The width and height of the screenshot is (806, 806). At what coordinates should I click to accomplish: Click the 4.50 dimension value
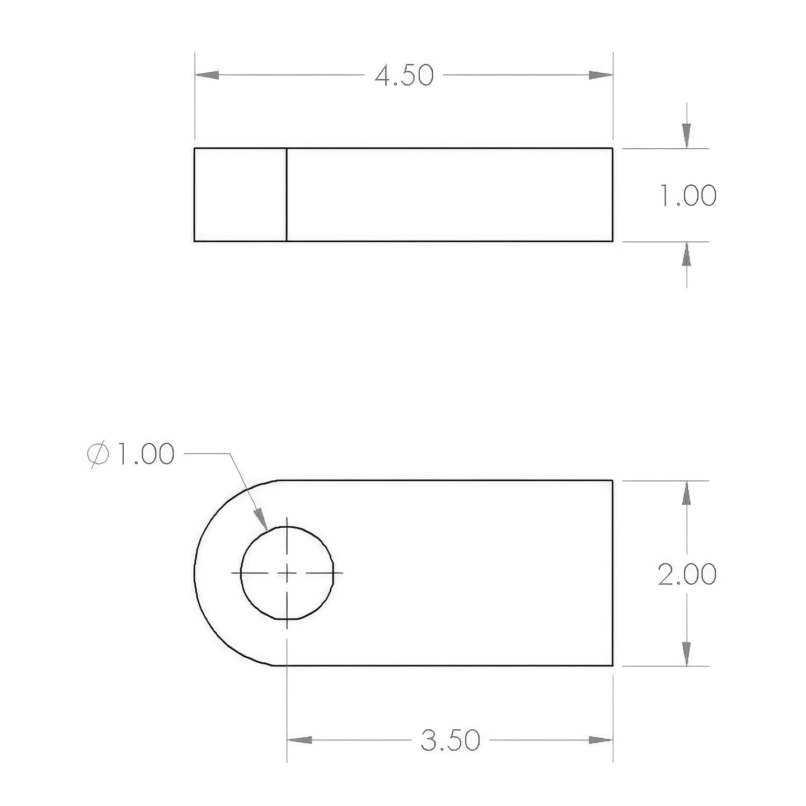[x=404, y=76]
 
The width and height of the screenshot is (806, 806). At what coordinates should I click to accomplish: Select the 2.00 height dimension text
[x=687, y=574]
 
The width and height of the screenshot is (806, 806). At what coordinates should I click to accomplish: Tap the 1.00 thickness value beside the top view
[x=688, y=195]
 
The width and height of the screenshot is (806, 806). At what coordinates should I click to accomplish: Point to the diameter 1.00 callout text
[x=130, y=454]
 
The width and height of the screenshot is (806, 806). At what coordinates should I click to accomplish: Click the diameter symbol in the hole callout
[x=98, y=454]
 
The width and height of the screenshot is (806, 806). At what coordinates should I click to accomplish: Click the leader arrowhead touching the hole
[x=261, y=519]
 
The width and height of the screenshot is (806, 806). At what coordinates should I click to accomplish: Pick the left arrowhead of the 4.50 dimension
[x=207, y=76]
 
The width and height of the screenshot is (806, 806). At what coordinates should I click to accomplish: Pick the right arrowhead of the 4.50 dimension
[x=601, y=76]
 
